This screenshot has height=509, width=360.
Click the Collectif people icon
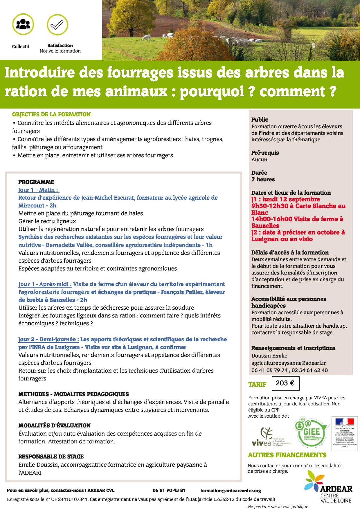[x=23, y=24]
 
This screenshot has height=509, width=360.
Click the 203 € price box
[x=285, y=383]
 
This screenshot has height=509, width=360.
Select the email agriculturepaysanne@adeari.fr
[x=289, y=363]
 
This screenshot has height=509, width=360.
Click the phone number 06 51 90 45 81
[x=169, y=490]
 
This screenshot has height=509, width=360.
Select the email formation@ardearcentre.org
[x=231, y=490]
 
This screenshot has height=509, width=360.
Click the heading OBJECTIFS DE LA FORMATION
[x=51, y=114]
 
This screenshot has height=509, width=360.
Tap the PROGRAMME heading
[x=36, y=182]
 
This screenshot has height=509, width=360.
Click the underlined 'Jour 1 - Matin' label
[x=38, y=190]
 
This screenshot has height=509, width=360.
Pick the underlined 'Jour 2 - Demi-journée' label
[x=48, y=339]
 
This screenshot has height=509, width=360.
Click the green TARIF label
[x=257, y=385]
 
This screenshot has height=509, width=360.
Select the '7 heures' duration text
[x=263, y=179]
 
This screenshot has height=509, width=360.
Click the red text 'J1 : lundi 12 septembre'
[x=285, y=199]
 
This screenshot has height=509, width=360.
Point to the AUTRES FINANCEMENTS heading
[x=287, y=455]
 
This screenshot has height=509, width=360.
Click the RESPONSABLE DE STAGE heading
[x=51, y=456]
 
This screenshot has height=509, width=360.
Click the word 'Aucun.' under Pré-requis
[x=260, y=159]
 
